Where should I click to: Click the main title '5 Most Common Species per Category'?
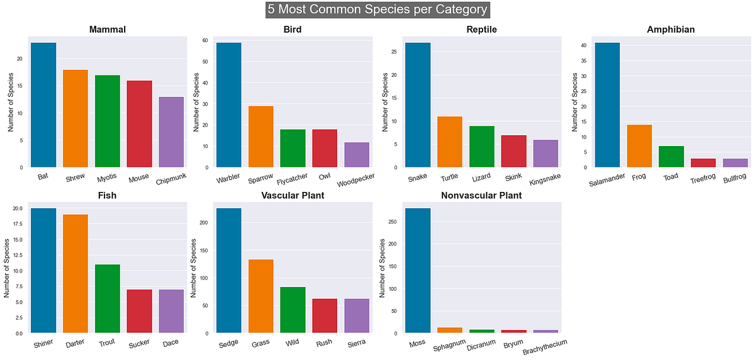(377, 10)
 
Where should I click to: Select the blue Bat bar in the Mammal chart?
(43, 105)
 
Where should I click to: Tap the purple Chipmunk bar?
(171, 132)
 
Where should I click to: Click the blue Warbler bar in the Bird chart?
(229, 105)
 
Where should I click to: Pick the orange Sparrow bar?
(260, 137)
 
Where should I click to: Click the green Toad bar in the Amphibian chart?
(671, 157)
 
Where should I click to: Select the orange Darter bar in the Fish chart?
(75, 274)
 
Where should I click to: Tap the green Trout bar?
(108, 298)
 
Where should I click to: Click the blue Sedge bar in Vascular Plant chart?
(229, 271)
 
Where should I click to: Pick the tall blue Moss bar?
(418, 271)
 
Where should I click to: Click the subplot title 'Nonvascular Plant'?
(483, 196)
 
